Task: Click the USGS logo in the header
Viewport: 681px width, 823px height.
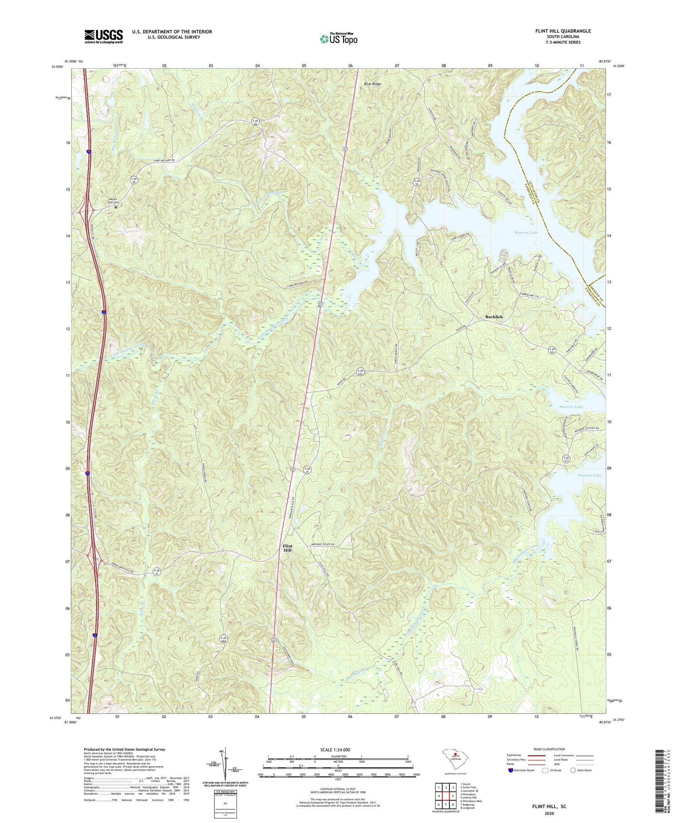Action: tap(104, 36)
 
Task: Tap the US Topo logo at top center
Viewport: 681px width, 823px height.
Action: tap(339, 39)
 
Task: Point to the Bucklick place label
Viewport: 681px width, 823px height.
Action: tap(494, 317)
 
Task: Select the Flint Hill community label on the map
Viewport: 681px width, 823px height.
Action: tap(288, 547)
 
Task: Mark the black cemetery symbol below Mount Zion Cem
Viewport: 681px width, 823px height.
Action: tap(116, 207)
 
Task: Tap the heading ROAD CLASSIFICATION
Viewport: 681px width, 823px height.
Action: tap(549, 749)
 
